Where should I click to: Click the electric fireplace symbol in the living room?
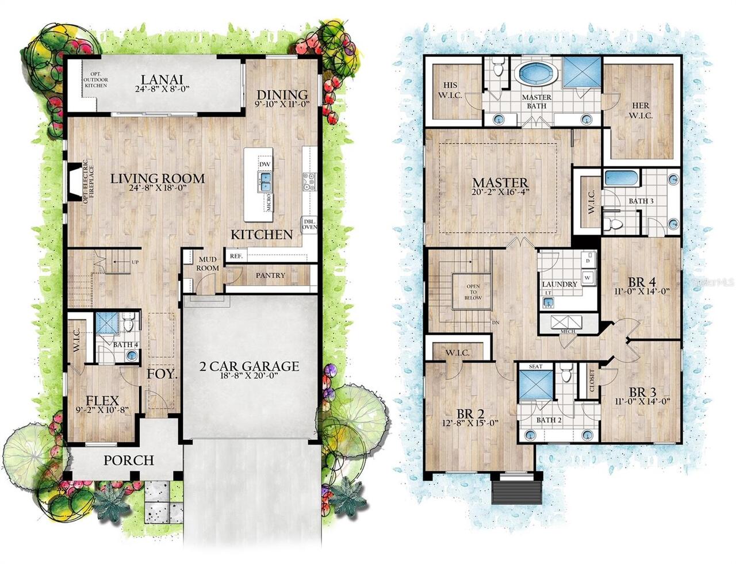point(75,181)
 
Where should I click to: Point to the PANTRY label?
point(270,275)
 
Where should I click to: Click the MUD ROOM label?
point(207,264)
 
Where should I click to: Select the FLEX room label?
point(102,401)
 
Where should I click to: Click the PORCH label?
point(128,461)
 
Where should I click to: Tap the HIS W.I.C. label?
point(450,91)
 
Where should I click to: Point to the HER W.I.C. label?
point(640,109)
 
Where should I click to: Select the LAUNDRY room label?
point(559,284)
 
